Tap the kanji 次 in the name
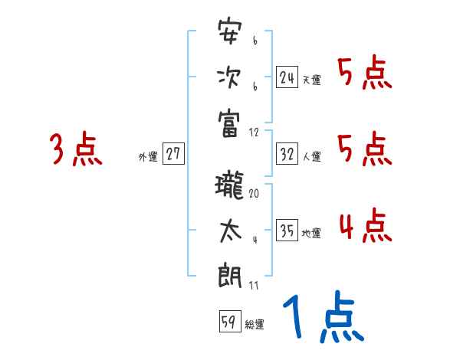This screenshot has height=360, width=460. [x=230, y=77]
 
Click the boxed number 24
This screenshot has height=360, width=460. [x=287, y=77]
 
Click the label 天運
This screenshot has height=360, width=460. [x=311, y=80]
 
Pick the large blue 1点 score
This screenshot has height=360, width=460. [x=322, y=319]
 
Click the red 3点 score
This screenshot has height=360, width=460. [x=75, y=149]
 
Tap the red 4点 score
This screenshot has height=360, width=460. [x=365, y=226]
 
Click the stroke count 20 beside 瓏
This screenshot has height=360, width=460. [x=254, y=194]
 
